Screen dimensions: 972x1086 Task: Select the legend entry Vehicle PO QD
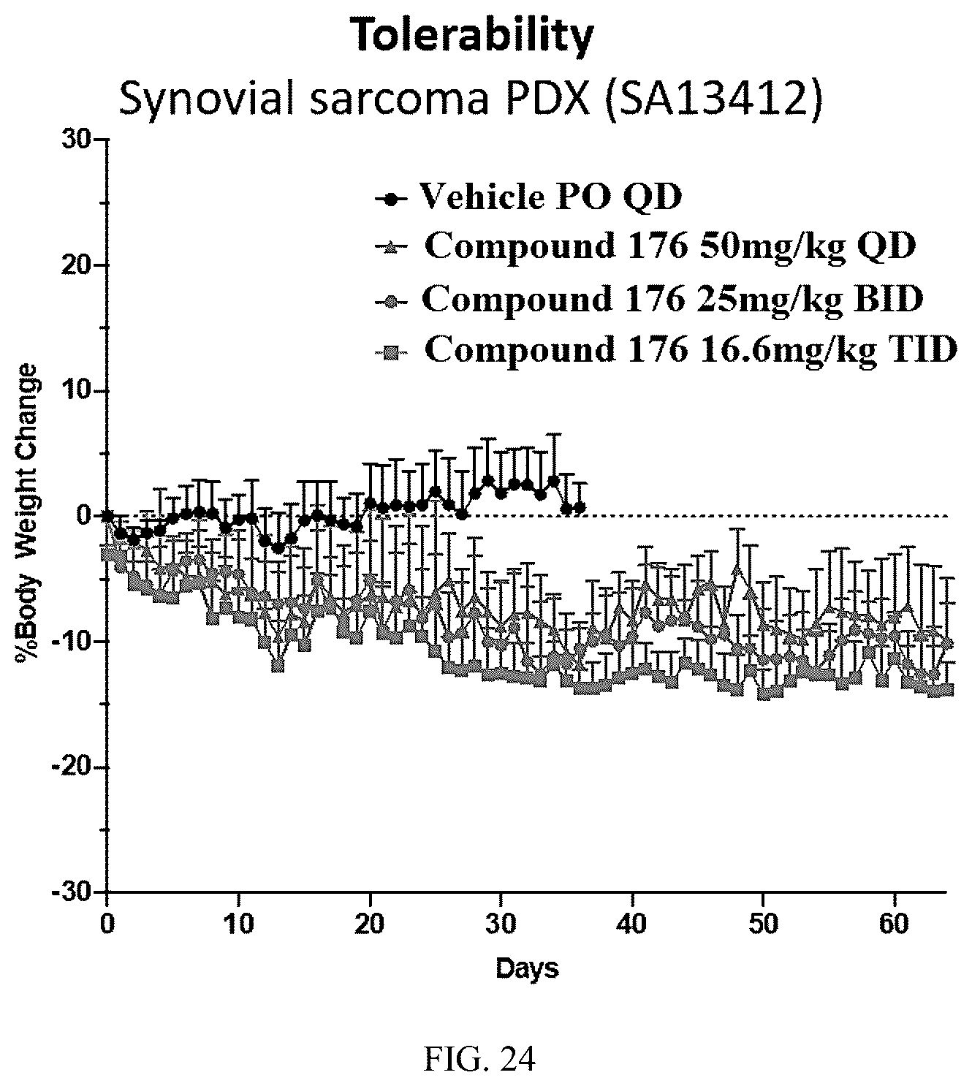(x=528, y=197)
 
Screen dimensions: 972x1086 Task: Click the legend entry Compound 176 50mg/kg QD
(x=645, y=247)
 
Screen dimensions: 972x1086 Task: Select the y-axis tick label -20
(x=74, y=767)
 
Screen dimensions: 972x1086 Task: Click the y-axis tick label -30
(x=74, y=892)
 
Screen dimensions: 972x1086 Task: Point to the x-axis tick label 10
(x=238, y=924)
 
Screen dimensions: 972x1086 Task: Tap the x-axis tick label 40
(x=633, y=924)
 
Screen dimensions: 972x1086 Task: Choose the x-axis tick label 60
(x=895, y=924)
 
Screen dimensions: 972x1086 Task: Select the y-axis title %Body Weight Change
(x=27, y=514)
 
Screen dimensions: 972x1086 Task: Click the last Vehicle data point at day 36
(x=580, y=507)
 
